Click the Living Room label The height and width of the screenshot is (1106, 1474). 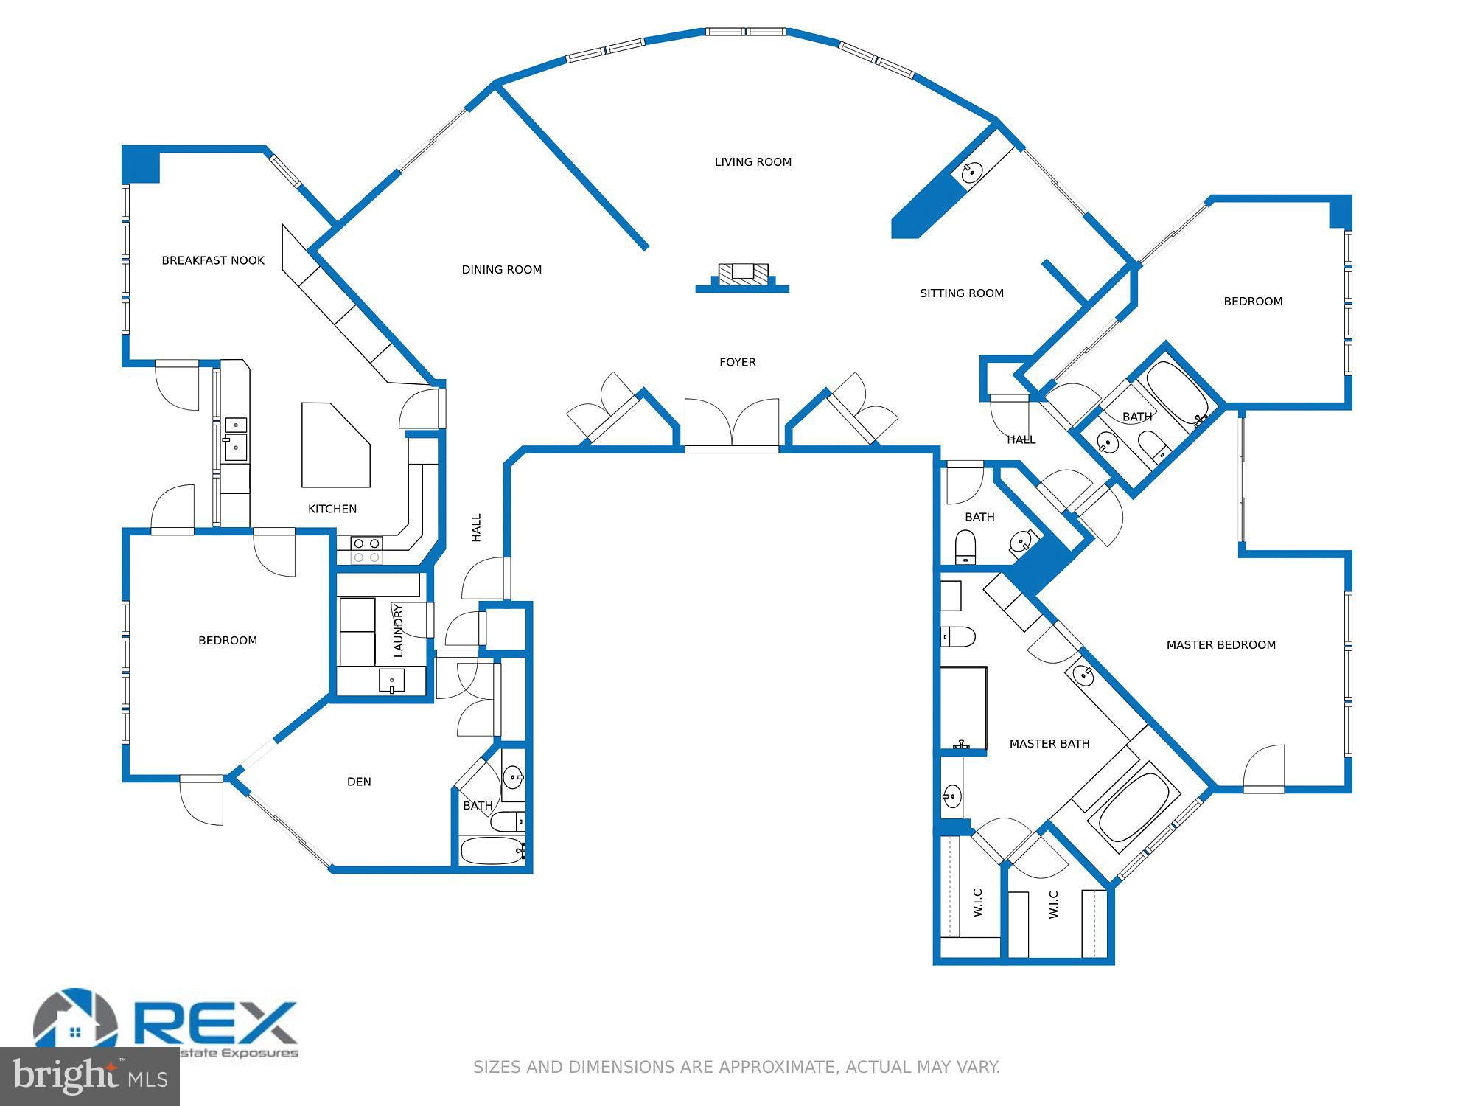[752, 162]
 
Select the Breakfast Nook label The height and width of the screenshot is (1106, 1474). [213, 260]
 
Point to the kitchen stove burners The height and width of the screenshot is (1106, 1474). [366, 550]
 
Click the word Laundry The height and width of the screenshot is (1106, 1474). [398, 630]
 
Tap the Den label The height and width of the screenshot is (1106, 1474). [359, 782]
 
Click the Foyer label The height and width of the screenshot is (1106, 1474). [737, 362]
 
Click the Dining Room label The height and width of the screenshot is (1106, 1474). [501, 270]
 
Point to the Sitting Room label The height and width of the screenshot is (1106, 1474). [961, 293]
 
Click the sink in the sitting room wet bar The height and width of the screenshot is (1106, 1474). [972, 173]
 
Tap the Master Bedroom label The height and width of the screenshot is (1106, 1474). [1220, 645]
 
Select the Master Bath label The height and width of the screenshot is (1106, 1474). [1049, 744]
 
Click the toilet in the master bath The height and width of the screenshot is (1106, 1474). [958, 636]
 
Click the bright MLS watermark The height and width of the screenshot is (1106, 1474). [89, 1077]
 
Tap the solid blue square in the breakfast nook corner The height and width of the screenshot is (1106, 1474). [141, 164]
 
